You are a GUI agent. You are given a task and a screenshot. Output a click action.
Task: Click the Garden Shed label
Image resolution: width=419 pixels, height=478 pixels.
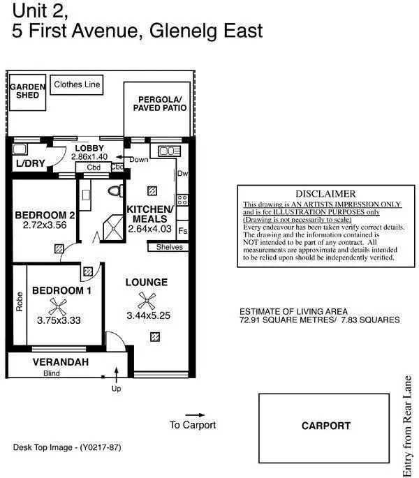[27, 91]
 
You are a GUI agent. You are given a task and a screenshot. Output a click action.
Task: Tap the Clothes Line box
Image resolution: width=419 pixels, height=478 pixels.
[78, 85]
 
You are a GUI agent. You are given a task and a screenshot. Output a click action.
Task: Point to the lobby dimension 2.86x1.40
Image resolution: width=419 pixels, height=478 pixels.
[89, 158]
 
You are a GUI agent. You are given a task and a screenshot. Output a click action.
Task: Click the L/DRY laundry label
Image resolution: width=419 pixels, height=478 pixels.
[29, 165]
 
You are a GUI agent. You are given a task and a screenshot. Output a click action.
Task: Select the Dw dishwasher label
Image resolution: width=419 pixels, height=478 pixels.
[182, 174]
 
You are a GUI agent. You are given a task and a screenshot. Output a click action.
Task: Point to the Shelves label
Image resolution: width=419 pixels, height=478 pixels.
[170, 247]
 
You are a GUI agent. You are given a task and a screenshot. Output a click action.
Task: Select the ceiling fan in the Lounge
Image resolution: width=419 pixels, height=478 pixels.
[146, 301]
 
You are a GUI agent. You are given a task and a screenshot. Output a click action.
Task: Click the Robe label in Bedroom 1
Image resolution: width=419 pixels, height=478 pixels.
[19, 301]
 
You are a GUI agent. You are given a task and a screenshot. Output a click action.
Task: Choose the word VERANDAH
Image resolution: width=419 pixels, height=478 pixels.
[60, 361]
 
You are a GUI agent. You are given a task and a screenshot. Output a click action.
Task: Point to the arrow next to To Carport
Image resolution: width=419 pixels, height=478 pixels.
[193, 414]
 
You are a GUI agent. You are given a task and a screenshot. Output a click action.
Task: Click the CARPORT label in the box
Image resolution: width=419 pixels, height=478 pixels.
[325, 425]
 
